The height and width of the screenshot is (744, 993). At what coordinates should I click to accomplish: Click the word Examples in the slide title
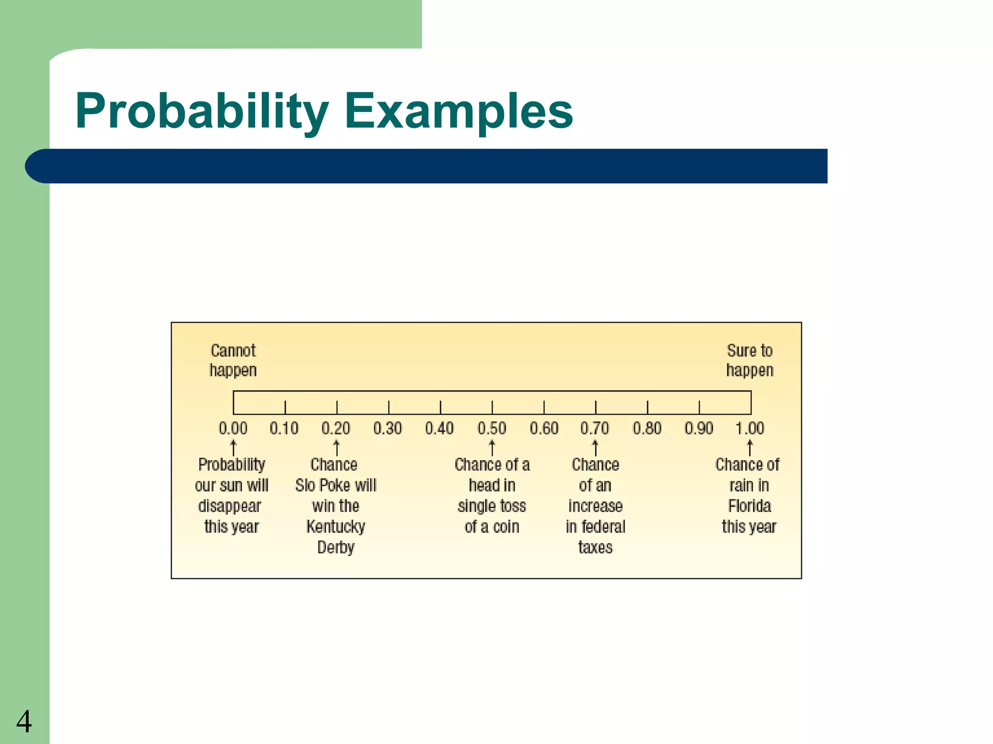point(459,111)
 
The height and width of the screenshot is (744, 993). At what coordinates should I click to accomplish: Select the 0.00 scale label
point(233,428)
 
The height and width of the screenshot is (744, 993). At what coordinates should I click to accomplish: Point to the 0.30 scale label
point(387,428)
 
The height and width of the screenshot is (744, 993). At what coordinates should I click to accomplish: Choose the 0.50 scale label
point(492,428)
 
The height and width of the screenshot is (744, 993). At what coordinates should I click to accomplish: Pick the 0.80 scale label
point(647,428)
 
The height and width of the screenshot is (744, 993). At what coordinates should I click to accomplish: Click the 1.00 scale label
point(750,428)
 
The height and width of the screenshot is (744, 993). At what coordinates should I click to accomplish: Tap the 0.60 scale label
point(544,428)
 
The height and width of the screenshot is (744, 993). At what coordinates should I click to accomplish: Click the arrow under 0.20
point(336,448)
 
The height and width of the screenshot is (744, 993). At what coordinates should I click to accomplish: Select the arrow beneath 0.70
point(595,448)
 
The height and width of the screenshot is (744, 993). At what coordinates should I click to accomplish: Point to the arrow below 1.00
point(750,448)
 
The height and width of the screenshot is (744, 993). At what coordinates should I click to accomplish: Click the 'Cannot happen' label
point(233,360)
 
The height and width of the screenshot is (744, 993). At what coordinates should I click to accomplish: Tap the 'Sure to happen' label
point(750,360)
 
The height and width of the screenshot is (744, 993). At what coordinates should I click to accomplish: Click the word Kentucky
point(336,527)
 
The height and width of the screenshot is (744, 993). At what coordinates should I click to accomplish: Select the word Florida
point(750,506)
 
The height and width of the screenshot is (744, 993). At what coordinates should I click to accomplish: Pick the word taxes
point(595,547)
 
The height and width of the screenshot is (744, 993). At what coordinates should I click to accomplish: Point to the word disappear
point(230,506)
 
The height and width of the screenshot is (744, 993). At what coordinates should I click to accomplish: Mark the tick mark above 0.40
point(440,407)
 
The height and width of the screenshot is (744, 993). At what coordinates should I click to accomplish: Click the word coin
point(506,527)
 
